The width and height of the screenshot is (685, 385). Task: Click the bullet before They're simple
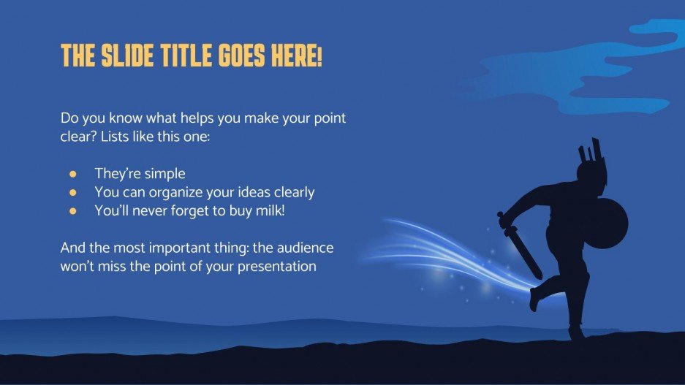point(72,174)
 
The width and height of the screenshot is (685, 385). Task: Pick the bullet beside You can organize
point(72,192)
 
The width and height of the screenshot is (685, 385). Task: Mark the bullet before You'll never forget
point(72,210)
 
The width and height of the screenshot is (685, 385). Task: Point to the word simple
point(165,174)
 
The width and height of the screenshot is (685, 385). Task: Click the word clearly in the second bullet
point(293,192)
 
